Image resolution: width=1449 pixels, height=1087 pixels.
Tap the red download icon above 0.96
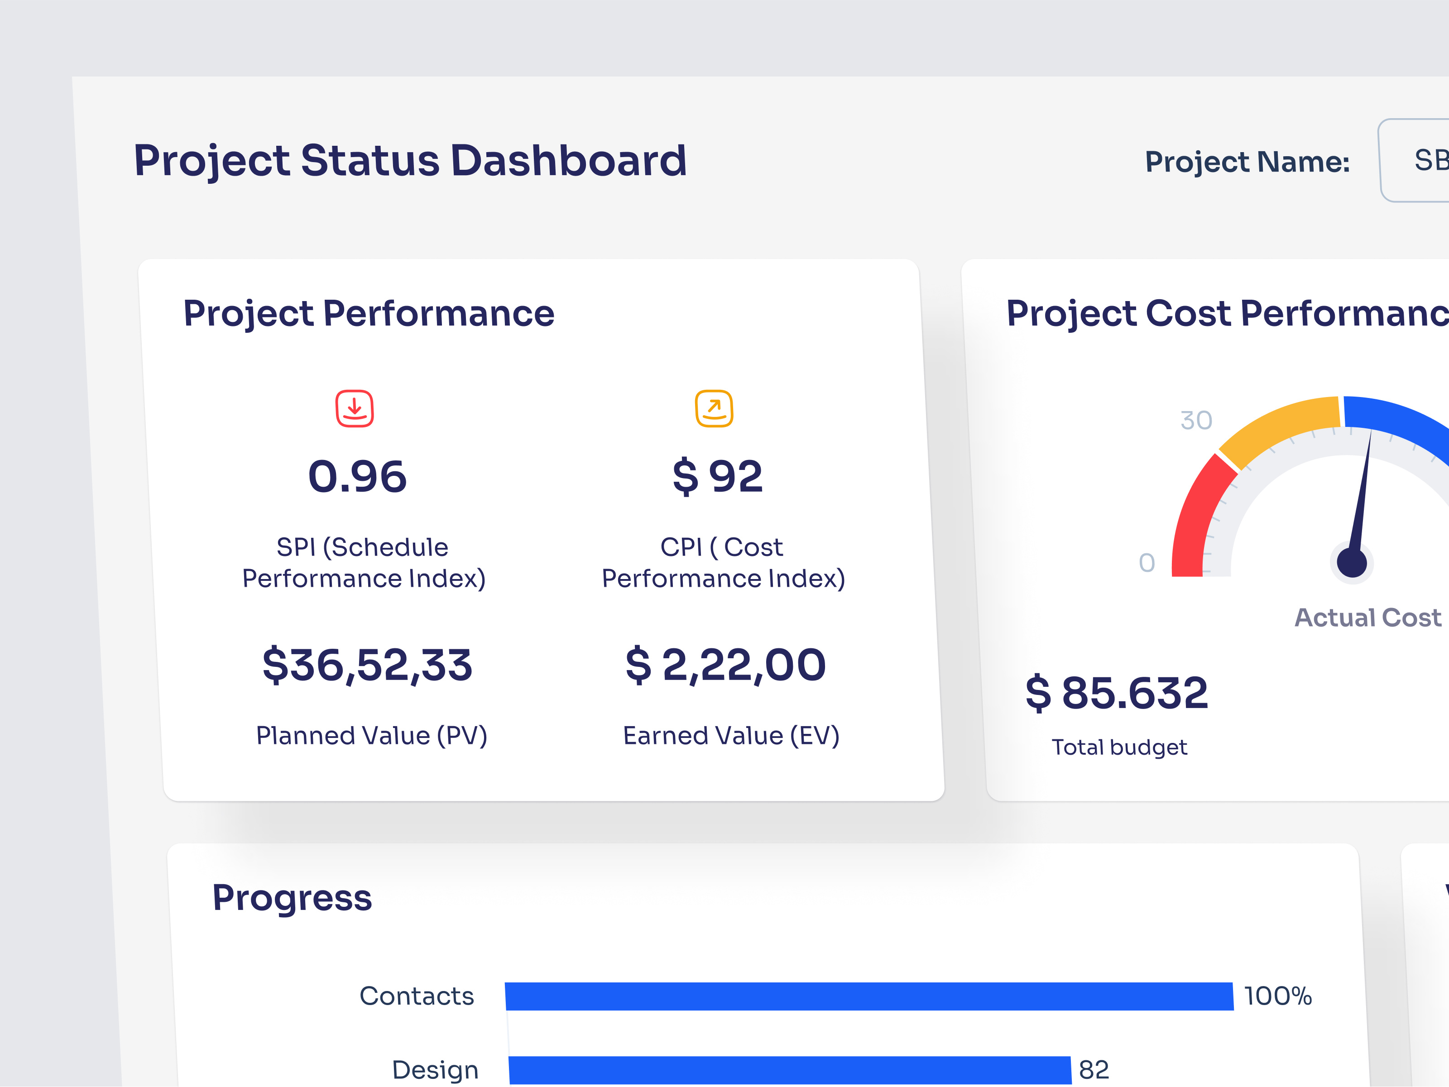tap(355, 409)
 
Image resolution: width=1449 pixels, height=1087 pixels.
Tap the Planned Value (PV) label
tap(371, 735)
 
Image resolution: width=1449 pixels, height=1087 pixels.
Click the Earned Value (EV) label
tap(731, 735)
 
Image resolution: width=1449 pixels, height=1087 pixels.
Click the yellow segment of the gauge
tap(1277, 426)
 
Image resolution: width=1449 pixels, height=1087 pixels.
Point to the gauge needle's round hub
tap(1351, 562)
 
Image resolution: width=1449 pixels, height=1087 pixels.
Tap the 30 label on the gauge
tap(1196, 421)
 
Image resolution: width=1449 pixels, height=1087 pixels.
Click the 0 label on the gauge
tap(1147, 562)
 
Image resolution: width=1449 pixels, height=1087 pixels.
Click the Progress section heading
tap(292, 898)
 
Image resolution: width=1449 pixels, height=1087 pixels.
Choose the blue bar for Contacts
tap(868, 996)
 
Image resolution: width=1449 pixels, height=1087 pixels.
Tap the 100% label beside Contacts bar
tap(1277, 996)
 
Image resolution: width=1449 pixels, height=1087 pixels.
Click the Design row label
tap(435, 1070)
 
